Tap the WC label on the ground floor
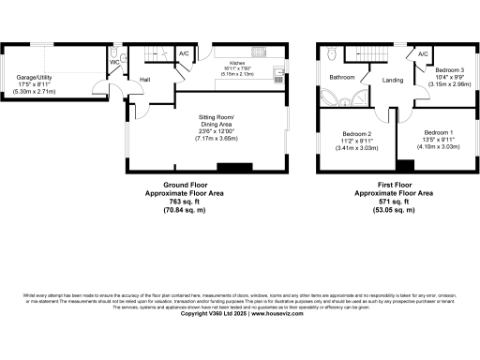112,65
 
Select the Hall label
145,80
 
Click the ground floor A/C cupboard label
184,53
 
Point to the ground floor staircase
152,57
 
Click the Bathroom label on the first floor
340,77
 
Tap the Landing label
393,81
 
